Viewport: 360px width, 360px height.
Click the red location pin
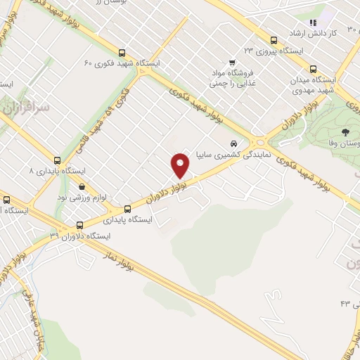pyautogui.click(x=181, y=165)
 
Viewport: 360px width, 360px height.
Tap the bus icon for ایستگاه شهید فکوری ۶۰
pyautogui.click(x=122, y=53)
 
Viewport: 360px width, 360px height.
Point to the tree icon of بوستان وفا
pyautogui.click(x=345, y=132)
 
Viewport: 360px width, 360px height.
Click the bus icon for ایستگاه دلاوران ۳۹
pyautogui.click(x=78, y=226)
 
